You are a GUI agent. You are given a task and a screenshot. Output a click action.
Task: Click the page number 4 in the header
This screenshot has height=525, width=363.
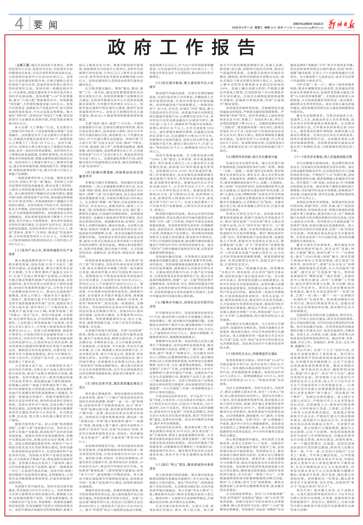coord(19,23)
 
